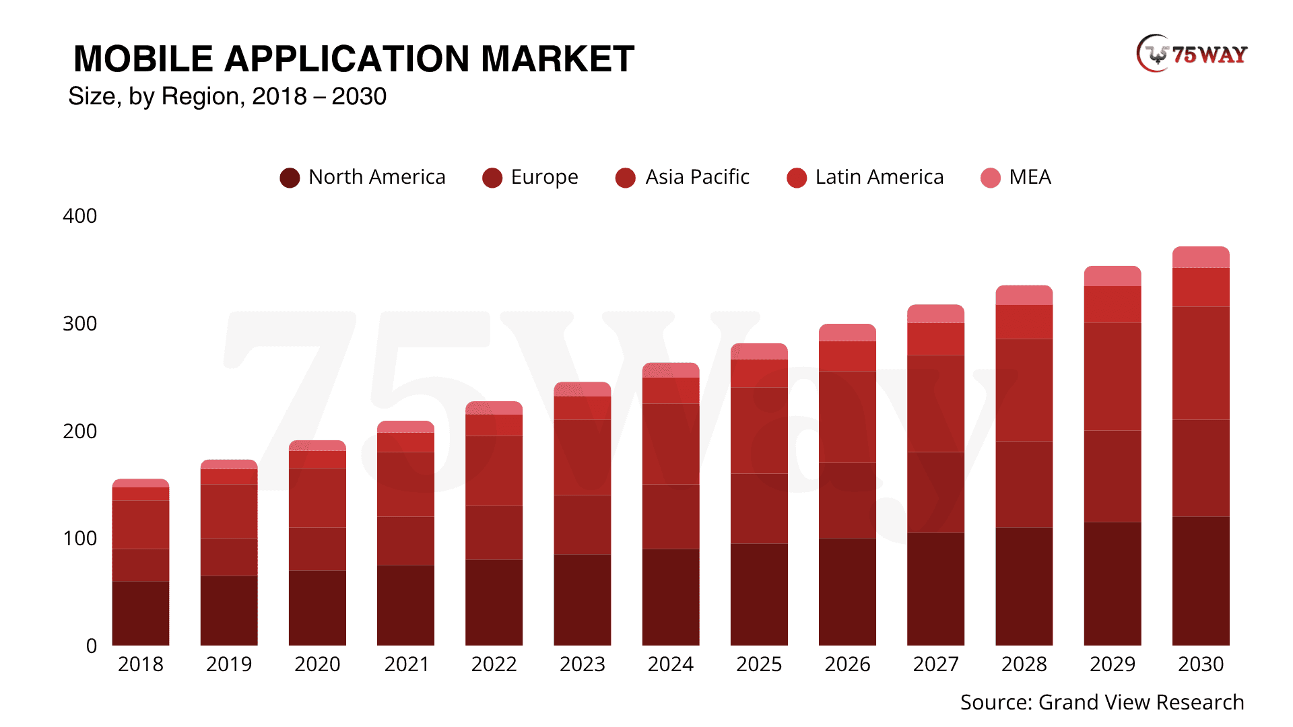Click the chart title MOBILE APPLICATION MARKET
[354, 59]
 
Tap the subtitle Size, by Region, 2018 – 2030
[228, 96]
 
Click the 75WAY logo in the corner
[1191, 54]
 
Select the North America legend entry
[363, 177]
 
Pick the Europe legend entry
[531, 177]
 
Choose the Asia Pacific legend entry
[683, 177]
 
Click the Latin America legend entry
[865, 177]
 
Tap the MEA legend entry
[1016, 177]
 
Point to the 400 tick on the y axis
[79, 216]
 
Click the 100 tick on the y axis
[79, 539]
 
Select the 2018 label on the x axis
[141, 664]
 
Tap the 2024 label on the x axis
[671, 664]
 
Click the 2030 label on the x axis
[1201, 664]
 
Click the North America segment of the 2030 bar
[1201, 581]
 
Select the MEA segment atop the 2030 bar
[1201, 258]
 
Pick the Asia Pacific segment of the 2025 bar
[759, 430]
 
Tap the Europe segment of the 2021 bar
[405, 541]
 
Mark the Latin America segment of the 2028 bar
[1024, 322]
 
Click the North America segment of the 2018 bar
[141, 613]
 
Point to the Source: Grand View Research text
[1102, 702]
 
